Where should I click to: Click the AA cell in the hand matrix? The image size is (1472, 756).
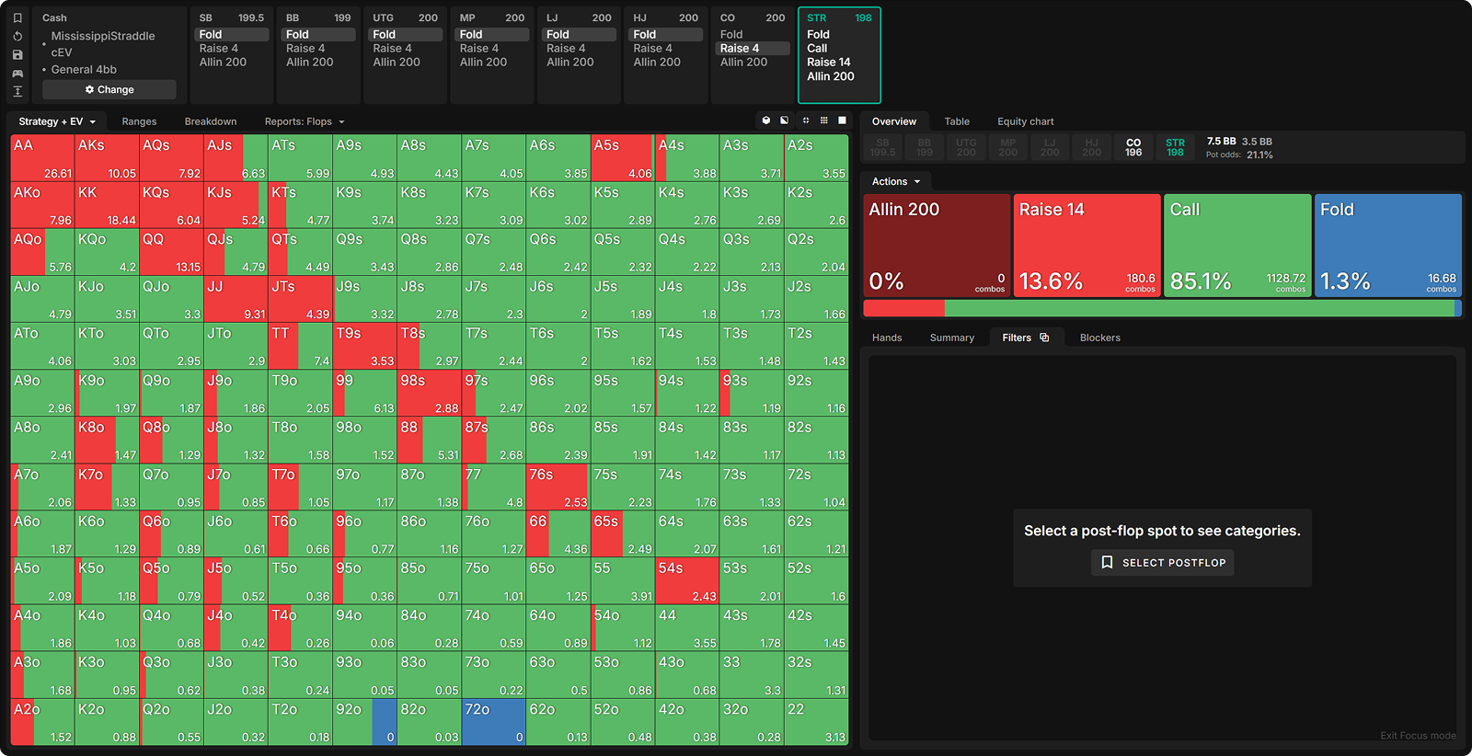[42, 158]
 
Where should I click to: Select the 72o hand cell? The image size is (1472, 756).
[493, 723]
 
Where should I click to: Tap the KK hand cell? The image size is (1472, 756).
[107, 205]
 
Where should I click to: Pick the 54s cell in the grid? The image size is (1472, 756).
[686, 581]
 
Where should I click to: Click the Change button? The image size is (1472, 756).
[109, 89]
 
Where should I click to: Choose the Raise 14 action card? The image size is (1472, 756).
[1087, 245]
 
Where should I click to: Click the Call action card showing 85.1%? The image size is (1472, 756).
[1237, 245]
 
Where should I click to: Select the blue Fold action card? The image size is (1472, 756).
[1387, 245]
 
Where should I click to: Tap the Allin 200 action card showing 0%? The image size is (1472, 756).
[937, 245]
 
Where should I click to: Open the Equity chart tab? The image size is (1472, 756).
[1025, 121]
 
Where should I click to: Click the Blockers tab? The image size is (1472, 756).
[1099, 338]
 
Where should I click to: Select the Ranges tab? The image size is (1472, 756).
[139, 121]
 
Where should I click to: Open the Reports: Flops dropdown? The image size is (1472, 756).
[305, 121]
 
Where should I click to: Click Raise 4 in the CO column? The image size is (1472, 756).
[740, 49]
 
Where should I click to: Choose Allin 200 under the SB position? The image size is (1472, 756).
[223, 63]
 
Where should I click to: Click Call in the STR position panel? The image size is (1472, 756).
[817, 49]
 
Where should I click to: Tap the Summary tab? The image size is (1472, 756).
[951, 338]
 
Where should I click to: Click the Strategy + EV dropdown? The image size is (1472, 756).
[57, 121]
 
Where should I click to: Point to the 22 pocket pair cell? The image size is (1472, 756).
[816, 723]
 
